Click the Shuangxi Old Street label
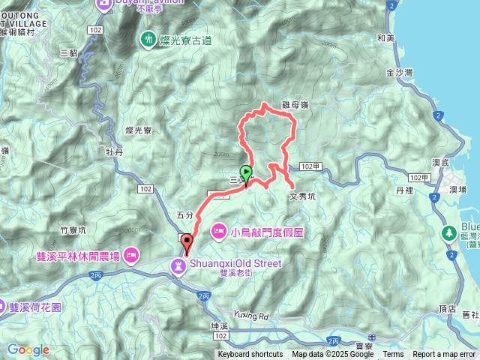235,263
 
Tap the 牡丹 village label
114,151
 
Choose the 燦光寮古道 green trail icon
148,38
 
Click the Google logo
28,349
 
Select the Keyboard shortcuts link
250,355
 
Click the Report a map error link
445,355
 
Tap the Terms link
393,355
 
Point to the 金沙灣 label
399,73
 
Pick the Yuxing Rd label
250,293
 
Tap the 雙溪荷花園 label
40,307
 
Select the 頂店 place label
447,308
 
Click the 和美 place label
386,37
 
